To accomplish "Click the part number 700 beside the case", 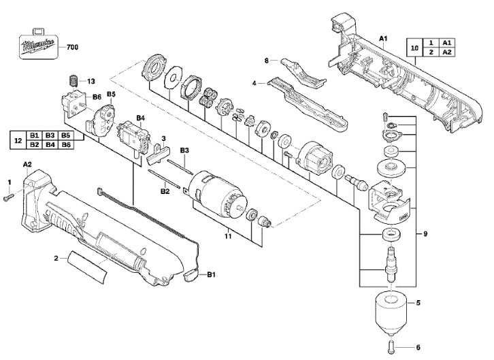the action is coord(72,47).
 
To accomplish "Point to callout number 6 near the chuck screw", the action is coord(418,347).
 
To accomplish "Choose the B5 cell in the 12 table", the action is coord(65,135).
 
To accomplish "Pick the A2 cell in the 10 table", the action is coord(447,52).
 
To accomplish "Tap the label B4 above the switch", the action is coord(141,118).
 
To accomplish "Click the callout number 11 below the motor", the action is coord(228,236).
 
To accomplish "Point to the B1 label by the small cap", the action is coord(211,275).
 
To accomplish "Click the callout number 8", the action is coord(267,61).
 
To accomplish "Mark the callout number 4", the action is coord(254,83).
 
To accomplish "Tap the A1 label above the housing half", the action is coord(383,38).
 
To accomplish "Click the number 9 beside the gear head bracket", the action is coord(425,233).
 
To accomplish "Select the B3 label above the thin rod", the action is coord(184,150).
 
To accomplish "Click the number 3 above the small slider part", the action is coord(163,138).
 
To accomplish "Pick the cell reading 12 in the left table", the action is coord(18,140).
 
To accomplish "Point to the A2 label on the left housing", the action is coord(27,164).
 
